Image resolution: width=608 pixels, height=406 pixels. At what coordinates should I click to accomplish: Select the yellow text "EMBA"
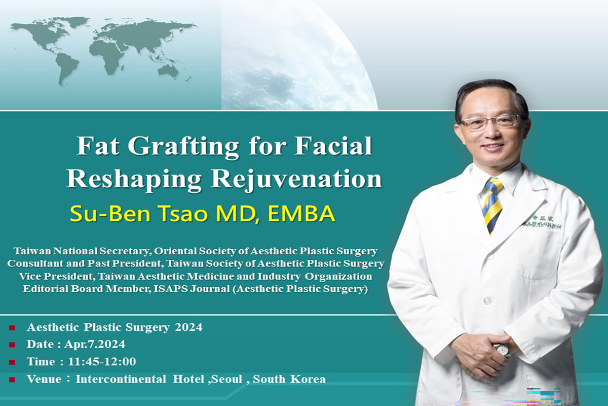301,214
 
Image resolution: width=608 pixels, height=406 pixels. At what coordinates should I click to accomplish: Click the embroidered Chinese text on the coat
542,222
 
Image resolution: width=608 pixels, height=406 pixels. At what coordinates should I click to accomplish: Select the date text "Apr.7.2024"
94,345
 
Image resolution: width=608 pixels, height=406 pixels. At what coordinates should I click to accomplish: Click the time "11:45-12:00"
102,362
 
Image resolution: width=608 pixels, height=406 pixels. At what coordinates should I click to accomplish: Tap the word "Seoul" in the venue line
226,379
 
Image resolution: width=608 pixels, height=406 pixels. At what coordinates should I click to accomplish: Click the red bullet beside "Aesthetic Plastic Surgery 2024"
12,328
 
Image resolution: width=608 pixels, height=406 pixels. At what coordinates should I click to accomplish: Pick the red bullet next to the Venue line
12,380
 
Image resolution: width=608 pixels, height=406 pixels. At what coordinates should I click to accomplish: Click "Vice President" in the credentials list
56,276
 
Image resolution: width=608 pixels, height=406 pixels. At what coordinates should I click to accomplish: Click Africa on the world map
107,54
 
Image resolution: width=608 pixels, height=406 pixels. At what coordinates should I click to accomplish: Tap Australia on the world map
168,70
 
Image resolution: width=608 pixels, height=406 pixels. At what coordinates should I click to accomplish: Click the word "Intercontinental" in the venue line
121,379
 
